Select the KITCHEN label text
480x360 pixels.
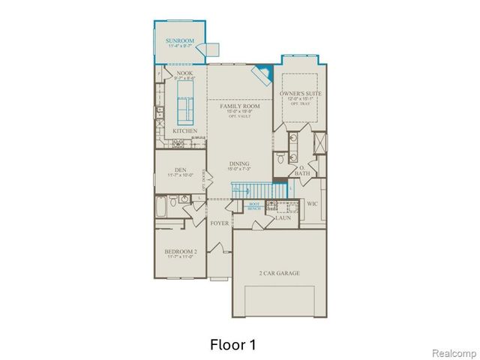click(x=184, y=131)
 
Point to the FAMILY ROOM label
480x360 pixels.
click(x=235, y=107)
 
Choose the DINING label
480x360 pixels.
click(x=240, y=164)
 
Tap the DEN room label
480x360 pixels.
click(x=180, y=170)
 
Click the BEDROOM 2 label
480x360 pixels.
click(x=180, y=253)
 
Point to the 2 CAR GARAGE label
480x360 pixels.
click(x=279, y=273)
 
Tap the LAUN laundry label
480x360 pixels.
click(x=283, y=217)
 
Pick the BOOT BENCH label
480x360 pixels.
click(x=253, y=205)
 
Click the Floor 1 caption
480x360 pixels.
click(x=233, y=345)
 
